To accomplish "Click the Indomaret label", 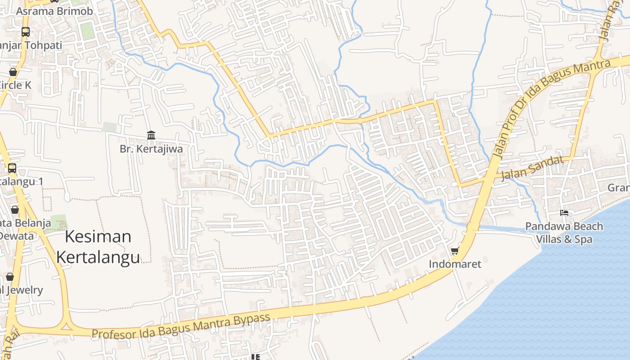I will pyautogui.click(x=455, y=264).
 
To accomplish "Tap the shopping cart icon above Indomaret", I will pyautogui.click(x=455, y=250).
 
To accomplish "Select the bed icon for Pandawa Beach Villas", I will pyautogui.click(x=564, y=212).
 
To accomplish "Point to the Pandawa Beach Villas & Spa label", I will pyautogui.click(x=564, y=232).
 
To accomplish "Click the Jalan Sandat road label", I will pyautogui.click(x=532, y=168).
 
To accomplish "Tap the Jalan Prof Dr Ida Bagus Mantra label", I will pyautogui.click(x=552, y=110).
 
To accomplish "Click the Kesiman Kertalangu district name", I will pyautogui.click(x=98, y=247).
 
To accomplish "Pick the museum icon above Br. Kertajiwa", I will pyautogui.click(x=151, y=135).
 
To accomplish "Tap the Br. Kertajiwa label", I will pyautogui.click(x=151, y=149).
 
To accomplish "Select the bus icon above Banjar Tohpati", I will pyautogui.click(x=26, y=32).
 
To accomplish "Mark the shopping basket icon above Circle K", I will pyautogui.click(x=13, y=72).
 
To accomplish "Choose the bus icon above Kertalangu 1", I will pyautogui.click(x=12, y=168).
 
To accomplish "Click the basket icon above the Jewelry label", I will pyautogui.click(x=10, y=276).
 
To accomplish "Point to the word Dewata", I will pyautogui.click(x=17, y=236).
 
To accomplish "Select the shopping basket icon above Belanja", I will pyautogui.click(x=15, y=210).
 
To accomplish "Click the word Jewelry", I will pyautogui.click(x=25, y=290).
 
